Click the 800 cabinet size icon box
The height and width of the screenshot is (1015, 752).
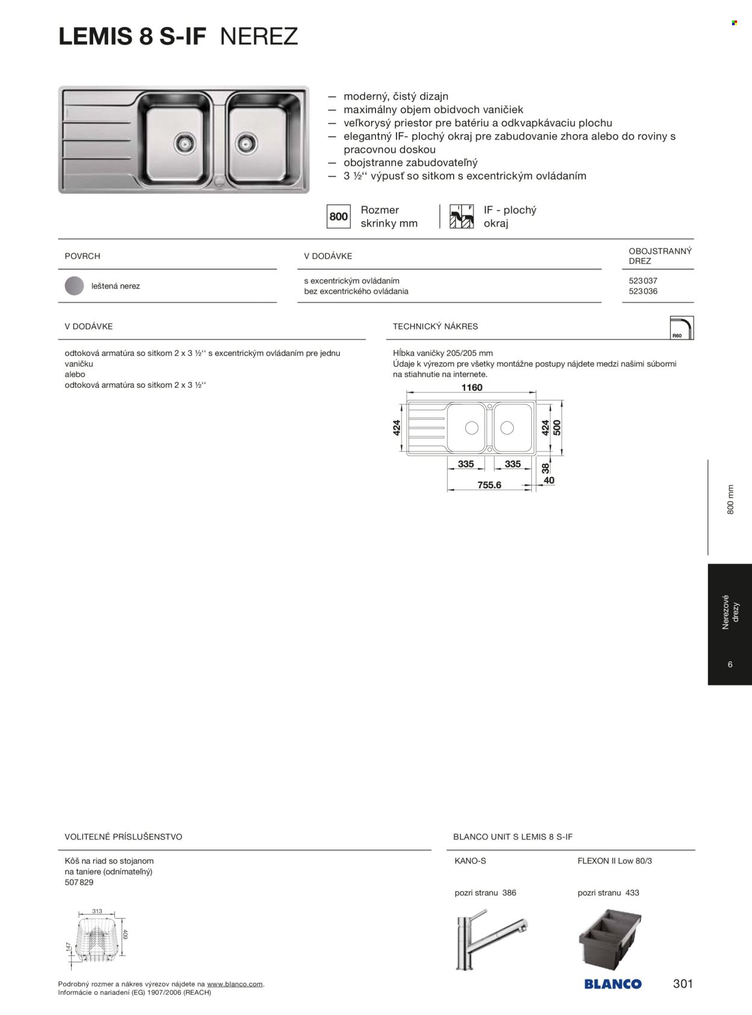pos(339,216)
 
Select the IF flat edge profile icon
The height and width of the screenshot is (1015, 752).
pos(461,216)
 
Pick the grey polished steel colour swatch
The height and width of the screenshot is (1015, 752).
pos(75,286)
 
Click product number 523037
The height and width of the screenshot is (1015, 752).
pos(643,281)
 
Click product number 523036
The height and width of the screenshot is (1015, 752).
pos(643,291)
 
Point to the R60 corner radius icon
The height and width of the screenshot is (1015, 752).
pos(681,328)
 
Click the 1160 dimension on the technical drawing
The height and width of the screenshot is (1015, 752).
pos(472,388)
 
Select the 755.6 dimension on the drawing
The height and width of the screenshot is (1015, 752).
pos(489,485)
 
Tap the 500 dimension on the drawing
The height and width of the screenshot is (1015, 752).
pos(557,428)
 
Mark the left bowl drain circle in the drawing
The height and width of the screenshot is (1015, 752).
pos(472,428)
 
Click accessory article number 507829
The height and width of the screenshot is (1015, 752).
pos(79,882)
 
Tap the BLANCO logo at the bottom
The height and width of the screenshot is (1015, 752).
pos(612,984)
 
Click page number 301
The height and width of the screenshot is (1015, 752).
pos(683,984)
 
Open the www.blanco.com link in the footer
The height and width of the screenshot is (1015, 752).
pos(235,984)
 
